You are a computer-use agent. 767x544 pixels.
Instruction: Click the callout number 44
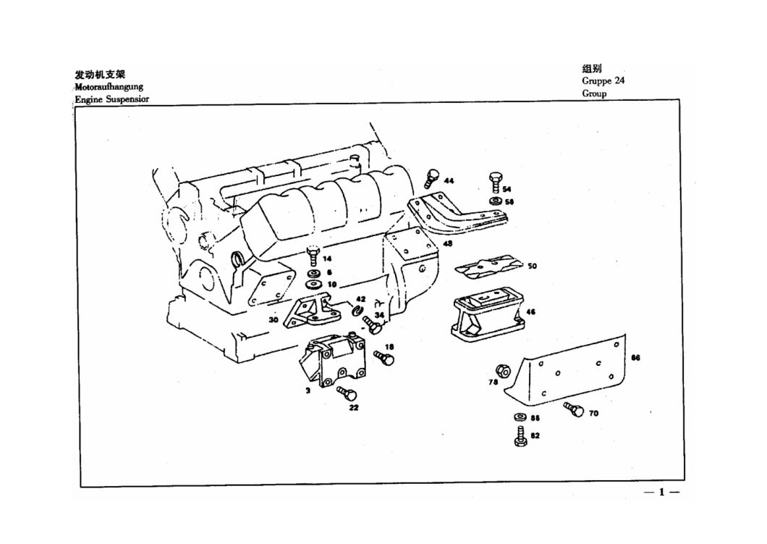(x=449, y=180)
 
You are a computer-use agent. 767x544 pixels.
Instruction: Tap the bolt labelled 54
(x=495, y=180)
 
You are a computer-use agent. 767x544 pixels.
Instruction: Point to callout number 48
(x=448, y=244)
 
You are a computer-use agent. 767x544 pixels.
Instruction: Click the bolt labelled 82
(x=521, y=437)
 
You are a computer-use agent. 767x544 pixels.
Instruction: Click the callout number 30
(x=273, y=319)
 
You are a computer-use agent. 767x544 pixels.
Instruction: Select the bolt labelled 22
(x=349, y=395)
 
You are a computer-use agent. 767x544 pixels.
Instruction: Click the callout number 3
(x=307, y=390)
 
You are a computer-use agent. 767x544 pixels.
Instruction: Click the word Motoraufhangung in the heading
(x=109, y=87)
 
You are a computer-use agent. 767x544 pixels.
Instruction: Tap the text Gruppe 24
(x=603, y=80)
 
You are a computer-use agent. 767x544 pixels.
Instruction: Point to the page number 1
(x=661, y=493)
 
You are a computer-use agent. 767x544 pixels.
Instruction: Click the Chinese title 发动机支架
(x=99, y=75)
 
